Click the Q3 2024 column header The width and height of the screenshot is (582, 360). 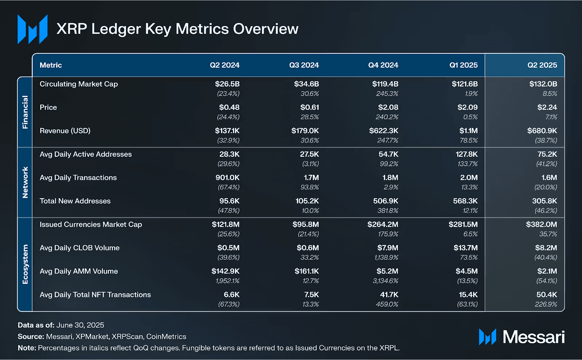point(304,65)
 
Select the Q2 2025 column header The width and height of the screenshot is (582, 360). point(542,65)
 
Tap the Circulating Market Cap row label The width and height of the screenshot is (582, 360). point(79,84)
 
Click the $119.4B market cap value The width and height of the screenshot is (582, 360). point(385,84)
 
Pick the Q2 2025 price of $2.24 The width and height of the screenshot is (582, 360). point(547,107)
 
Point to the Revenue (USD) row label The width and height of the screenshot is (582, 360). point(65,131)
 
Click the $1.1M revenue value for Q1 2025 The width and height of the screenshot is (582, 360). point(469,131)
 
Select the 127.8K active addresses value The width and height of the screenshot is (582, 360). point(467,154)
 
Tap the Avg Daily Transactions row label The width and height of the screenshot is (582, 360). point(78,178)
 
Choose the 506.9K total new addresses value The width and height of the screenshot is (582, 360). point(386,201)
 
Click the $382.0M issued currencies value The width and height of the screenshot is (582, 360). point(541,225)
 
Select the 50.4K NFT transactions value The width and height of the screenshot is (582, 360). point(547,295)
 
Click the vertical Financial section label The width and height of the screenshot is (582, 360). point(25,112)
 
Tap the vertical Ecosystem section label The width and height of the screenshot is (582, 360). point(25,264)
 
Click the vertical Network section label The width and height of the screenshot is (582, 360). point(25,182)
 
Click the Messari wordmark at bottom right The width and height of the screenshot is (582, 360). point(533,337)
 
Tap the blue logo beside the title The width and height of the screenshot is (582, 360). point(32,29)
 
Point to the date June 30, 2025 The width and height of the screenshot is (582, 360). point(80,325)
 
